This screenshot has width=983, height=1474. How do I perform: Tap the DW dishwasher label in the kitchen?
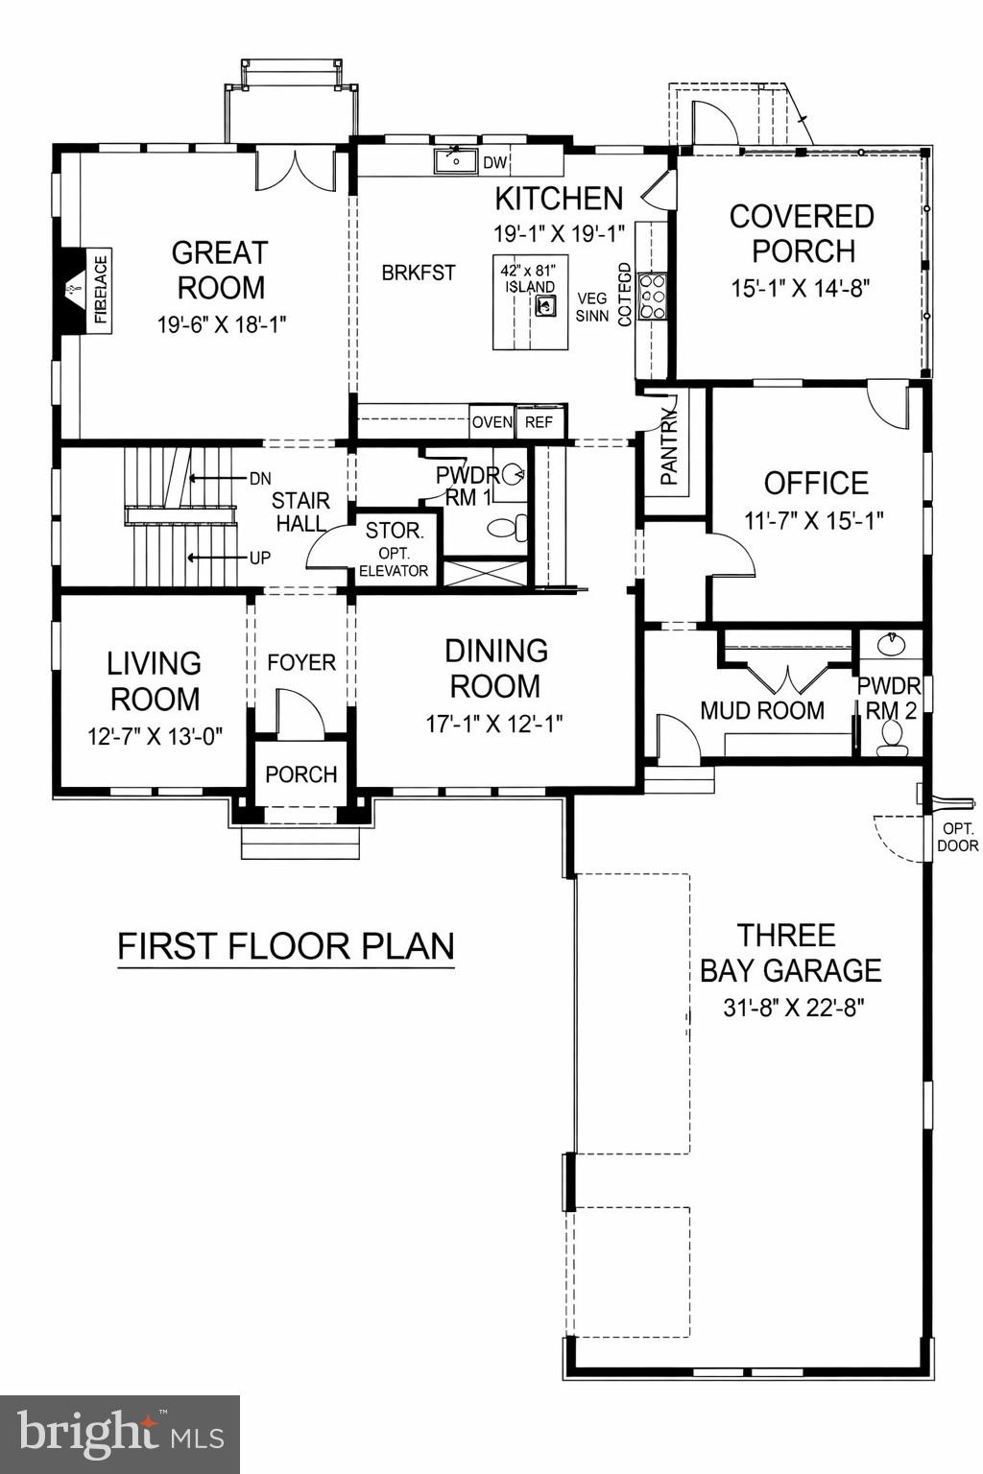pos(494,163)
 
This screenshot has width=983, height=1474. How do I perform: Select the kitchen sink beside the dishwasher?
pos(456,161)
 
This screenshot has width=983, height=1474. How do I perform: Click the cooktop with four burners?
pos(653,297)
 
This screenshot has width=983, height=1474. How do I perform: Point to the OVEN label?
pos(491,422)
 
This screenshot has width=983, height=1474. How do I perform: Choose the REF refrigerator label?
pos(539,422)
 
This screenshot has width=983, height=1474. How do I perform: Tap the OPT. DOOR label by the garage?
pos(957,837)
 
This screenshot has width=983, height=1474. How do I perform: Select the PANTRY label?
pos(669,447)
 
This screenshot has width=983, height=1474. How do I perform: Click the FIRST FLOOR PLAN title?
pos(285,946)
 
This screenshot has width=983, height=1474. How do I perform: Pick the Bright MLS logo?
pos(120,1434)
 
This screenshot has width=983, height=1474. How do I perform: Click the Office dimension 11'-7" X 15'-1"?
pos(814,520)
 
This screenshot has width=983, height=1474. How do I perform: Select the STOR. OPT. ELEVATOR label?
pos(394,550)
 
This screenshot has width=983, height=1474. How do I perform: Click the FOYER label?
pos(301,663)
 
